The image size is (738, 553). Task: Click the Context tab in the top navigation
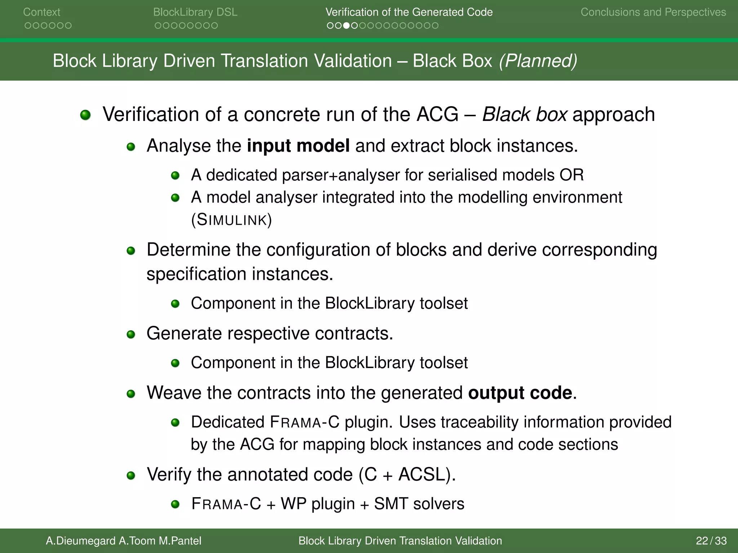(x=41, y=12)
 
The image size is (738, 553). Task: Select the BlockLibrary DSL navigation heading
(x=195, y=12)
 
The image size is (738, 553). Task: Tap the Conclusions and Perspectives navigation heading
(x=653, y=12)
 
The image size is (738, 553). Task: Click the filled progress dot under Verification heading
(x=346, y=26)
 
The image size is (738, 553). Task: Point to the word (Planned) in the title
(x=538, y=61)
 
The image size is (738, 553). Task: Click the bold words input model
(x=298, y=146)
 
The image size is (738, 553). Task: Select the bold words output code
(x=520, y=393)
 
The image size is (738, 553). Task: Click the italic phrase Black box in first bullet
(x=525, y=114)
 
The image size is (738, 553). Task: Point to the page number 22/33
(x=711, y=541)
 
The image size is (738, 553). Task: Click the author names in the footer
(x=123, y=541)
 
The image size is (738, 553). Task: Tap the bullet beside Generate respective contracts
(x=131, y=335)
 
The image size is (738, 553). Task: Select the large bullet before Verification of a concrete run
(x=85, y=115)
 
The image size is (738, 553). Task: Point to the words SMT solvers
(x=419, y=504)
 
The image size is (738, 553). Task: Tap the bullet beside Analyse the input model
(x=131, y=147)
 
